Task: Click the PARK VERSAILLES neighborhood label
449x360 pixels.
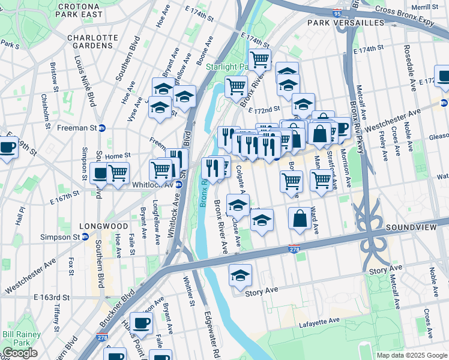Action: tap(345, 22)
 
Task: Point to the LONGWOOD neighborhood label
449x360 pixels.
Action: tap(104, 226)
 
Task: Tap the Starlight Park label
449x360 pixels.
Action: tap(226, 67)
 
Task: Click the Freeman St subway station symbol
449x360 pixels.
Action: tap(101, 128)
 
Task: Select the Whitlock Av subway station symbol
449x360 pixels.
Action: tap(178, 185)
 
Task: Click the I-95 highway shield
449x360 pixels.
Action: tap(354, 12)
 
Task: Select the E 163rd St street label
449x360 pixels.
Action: tap(52, 297)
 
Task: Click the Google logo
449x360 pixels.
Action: tap(19, 353)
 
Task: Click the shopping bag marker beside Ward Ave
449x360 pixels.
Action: tap(300, 219)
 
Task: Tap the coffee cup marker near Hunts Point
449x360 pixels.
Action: tap(141, 323)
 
